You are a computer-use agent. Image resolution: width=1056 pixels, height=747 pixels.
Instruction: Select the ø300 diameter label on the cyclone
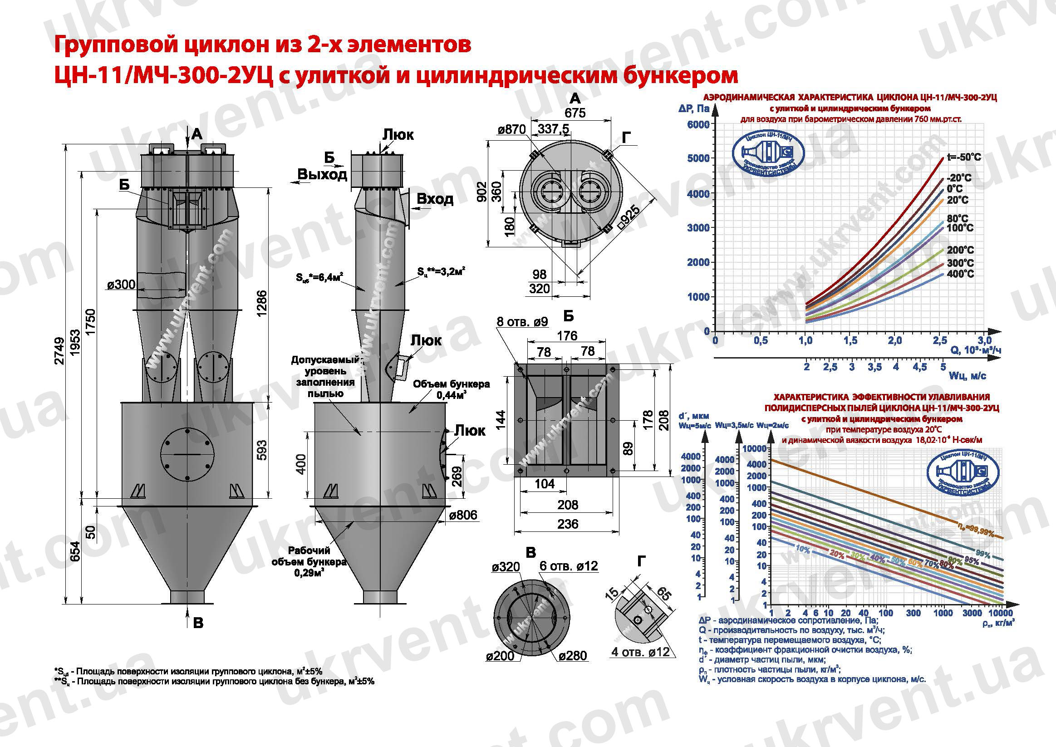[x=121, y=285]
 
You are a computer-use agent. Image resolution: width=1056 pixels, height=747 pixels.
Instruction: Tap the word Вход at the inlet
[x=435, y=199]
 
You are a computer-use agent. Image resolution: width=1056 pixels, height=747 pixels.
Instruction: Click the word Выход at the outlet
[x=322, y=175]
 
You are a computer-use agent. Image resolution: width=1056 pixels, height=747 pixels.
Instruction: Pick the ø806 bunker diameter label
[x=463, y=515]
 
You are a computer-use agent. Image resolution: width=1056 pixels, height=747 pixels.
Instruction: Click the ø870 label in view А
[x=511, y=130]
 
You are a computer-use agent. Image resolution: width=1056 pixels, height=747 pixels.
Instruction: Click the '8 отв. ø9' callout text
[x=522, y=321]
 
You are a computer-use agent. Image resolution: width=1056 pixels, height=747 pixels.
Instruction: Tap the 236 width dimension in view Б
[x=568, y=523]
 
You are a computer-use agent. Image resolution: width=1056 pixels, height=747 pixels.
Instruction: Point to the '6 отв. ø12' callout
[x=569, y=566]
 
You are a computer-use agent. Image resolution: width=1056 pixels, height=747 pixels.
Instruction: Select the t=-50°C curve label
[x=963, y=157]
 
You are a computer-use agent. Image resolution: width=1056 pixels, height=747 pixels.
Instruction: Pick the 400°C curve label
[x=960, y=274]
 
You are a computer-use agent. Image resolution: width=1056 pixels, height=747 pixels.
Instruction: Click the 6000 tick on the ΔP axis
[x=698, y=125]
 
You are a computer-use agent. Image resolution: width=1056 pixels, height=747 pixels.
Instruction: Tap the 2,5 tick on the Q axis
[x=940, y=340]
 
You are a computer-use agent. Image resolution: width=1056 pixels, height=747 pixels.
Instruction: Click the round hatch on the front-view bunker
[x=187, y=454]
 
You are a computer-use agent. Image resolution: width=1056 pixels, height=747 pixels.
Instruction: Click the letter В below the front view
[x=198, y=623]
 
